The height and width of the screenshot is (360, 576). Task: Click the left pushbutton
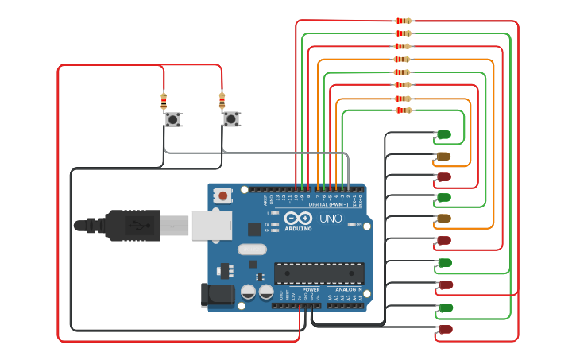click(172, 120)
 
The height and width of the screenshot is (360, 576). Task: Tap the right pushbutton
click(230, 119)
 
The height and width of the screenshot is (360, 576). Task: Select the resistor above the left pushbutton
click(164, 101)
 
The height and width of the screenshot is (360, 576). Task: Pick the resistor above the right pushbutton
click(222, 100)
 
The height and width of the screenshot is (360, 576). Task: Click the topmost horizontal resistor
click(404, 21)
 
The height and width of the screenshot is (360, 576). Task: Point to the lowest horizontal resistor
click(404, 110)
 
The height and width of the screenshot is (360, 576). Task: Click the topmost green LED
click(443, 134)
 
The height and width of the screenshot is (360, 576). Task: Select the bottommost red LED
click(445, 329)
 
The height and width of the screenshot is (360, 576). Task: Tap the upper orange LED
click(443, 156)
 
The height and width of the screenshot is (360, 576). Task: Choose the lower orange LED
click(443, 218)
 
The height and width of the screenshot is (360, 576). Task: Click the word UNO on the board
click(331, 219)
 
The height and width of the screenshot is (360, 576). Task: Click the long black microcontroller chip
click(319, 273)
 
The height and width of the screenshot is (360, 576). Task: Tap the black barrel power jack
click(215, 295)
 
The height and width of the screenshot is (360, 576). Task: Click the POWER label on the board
click(311, 290)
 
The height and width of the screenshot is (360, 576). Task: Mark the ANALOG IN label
click(348, 290)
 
